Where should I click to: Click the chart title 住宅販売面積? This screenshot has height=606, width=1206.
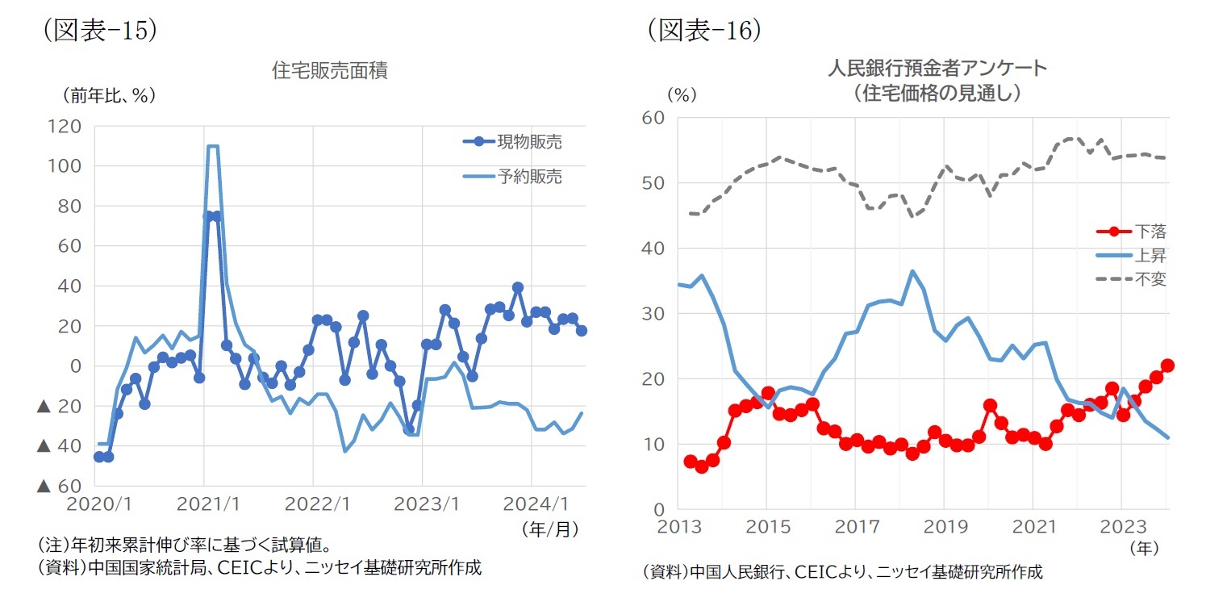(330, 71)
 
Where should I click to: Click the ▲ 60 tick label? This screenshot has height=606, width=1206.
(60, 486)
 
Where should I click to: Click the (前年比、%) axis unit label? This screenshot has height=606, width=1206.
(108, 95)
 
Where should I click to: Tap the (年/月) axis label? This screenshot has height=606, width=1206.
(550, 529)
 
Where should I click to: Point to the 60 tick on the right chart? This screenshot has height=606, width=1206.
(654, 118)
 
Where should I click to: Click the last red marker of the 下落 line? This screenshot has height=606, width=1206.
(1167, 366)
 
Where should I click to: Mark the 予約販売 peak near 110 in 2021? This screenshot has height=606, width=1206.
(212, 146)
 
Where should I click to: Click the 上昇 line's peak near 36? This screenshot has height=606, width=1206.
(912, 271)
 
